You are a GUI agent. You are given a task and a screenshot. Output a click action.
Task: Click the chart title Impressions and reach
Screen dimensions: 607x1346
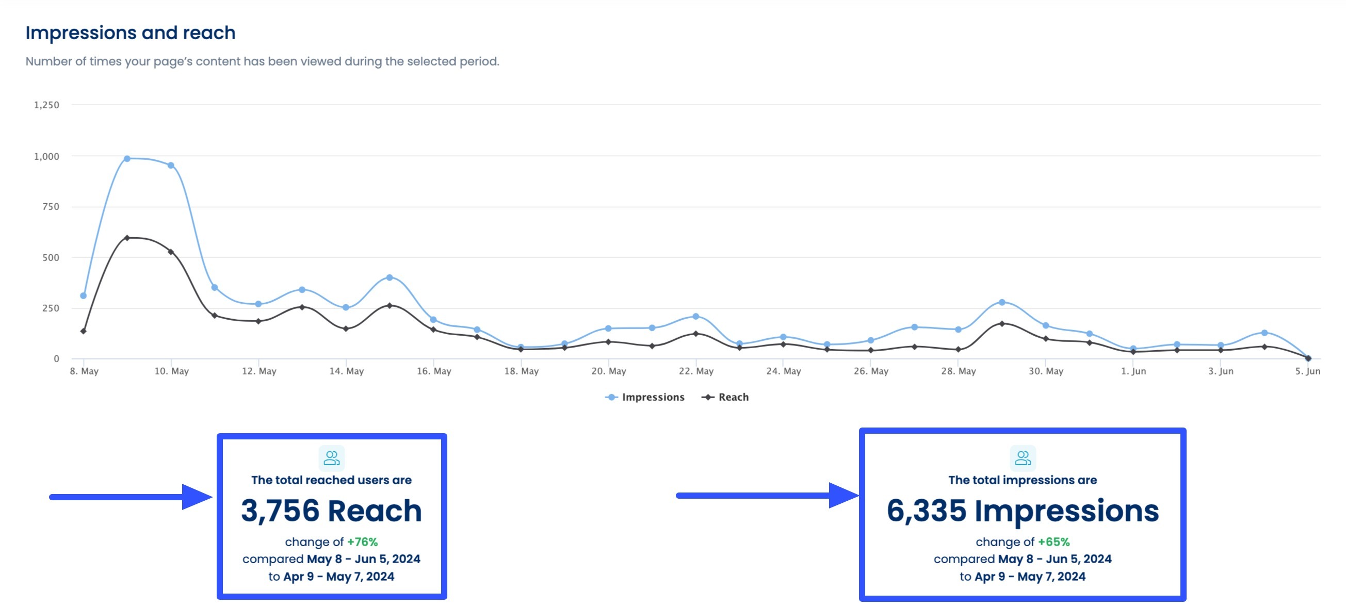click(x=130, y=33)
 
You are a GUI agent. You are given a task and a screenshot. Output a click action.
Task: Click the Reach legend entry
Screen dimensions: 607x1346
click(x=726, y=397)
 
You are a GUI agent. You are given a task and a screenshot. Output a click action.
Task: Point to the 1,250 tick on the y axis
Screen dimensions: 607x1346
click(x=46, y=105)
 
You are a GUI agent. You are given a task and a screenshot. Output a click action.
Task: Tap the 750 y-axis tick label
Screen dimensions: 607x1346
click(x=51, y=207)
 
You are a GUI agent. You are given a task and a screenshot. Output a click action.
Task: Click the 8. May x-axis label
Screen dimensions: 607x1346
click(x=84, y=371)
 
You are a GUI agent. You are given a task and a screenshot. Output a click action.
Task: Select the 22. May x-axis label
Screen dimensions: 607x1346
click(x=696, y=371)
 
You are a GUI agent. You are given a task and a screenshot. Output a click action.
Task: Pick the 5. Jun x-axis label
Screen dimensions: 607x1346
click(x=1307, y=371)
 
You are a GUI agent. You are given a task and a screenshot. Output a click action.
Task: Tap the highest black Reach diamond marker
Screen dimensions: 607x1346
click(x=127, y=238)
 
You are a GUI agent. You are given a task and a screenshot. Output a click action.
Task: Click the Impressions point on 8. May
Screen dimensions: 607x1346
click(x=83, y=296)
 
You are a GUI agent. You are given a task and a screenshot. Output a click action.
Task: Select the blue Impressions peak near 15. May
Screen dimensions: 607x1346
click(x=390, y=277)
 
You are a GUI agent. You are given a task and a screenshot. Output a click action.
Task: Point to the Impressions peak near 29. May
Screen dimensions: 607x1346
click(x=1002, y=302)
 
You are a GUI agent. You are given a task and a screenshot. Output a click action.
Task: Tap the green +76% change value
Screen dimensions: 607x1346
click(x=362, y=542)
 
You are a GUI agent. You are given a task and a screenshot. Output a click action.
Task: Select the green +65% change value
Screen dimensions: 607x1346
click(x=1053, y=542)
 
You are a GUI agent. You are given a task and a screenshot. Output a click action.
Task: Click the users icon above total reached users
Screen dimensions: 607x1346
click(x=331, y=458)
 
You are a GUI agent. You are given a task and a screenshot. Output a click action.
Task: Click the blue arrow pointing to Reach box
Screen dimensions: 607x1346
click(x=131, y=497)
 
